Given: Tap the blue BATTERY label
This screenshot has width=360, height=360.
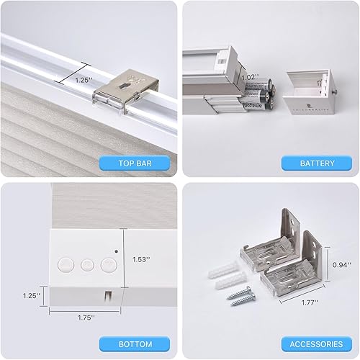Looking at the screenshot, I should (317, 163).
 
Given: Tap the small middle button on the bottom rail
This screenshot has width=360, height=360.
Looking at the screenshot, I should (89, 264).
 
